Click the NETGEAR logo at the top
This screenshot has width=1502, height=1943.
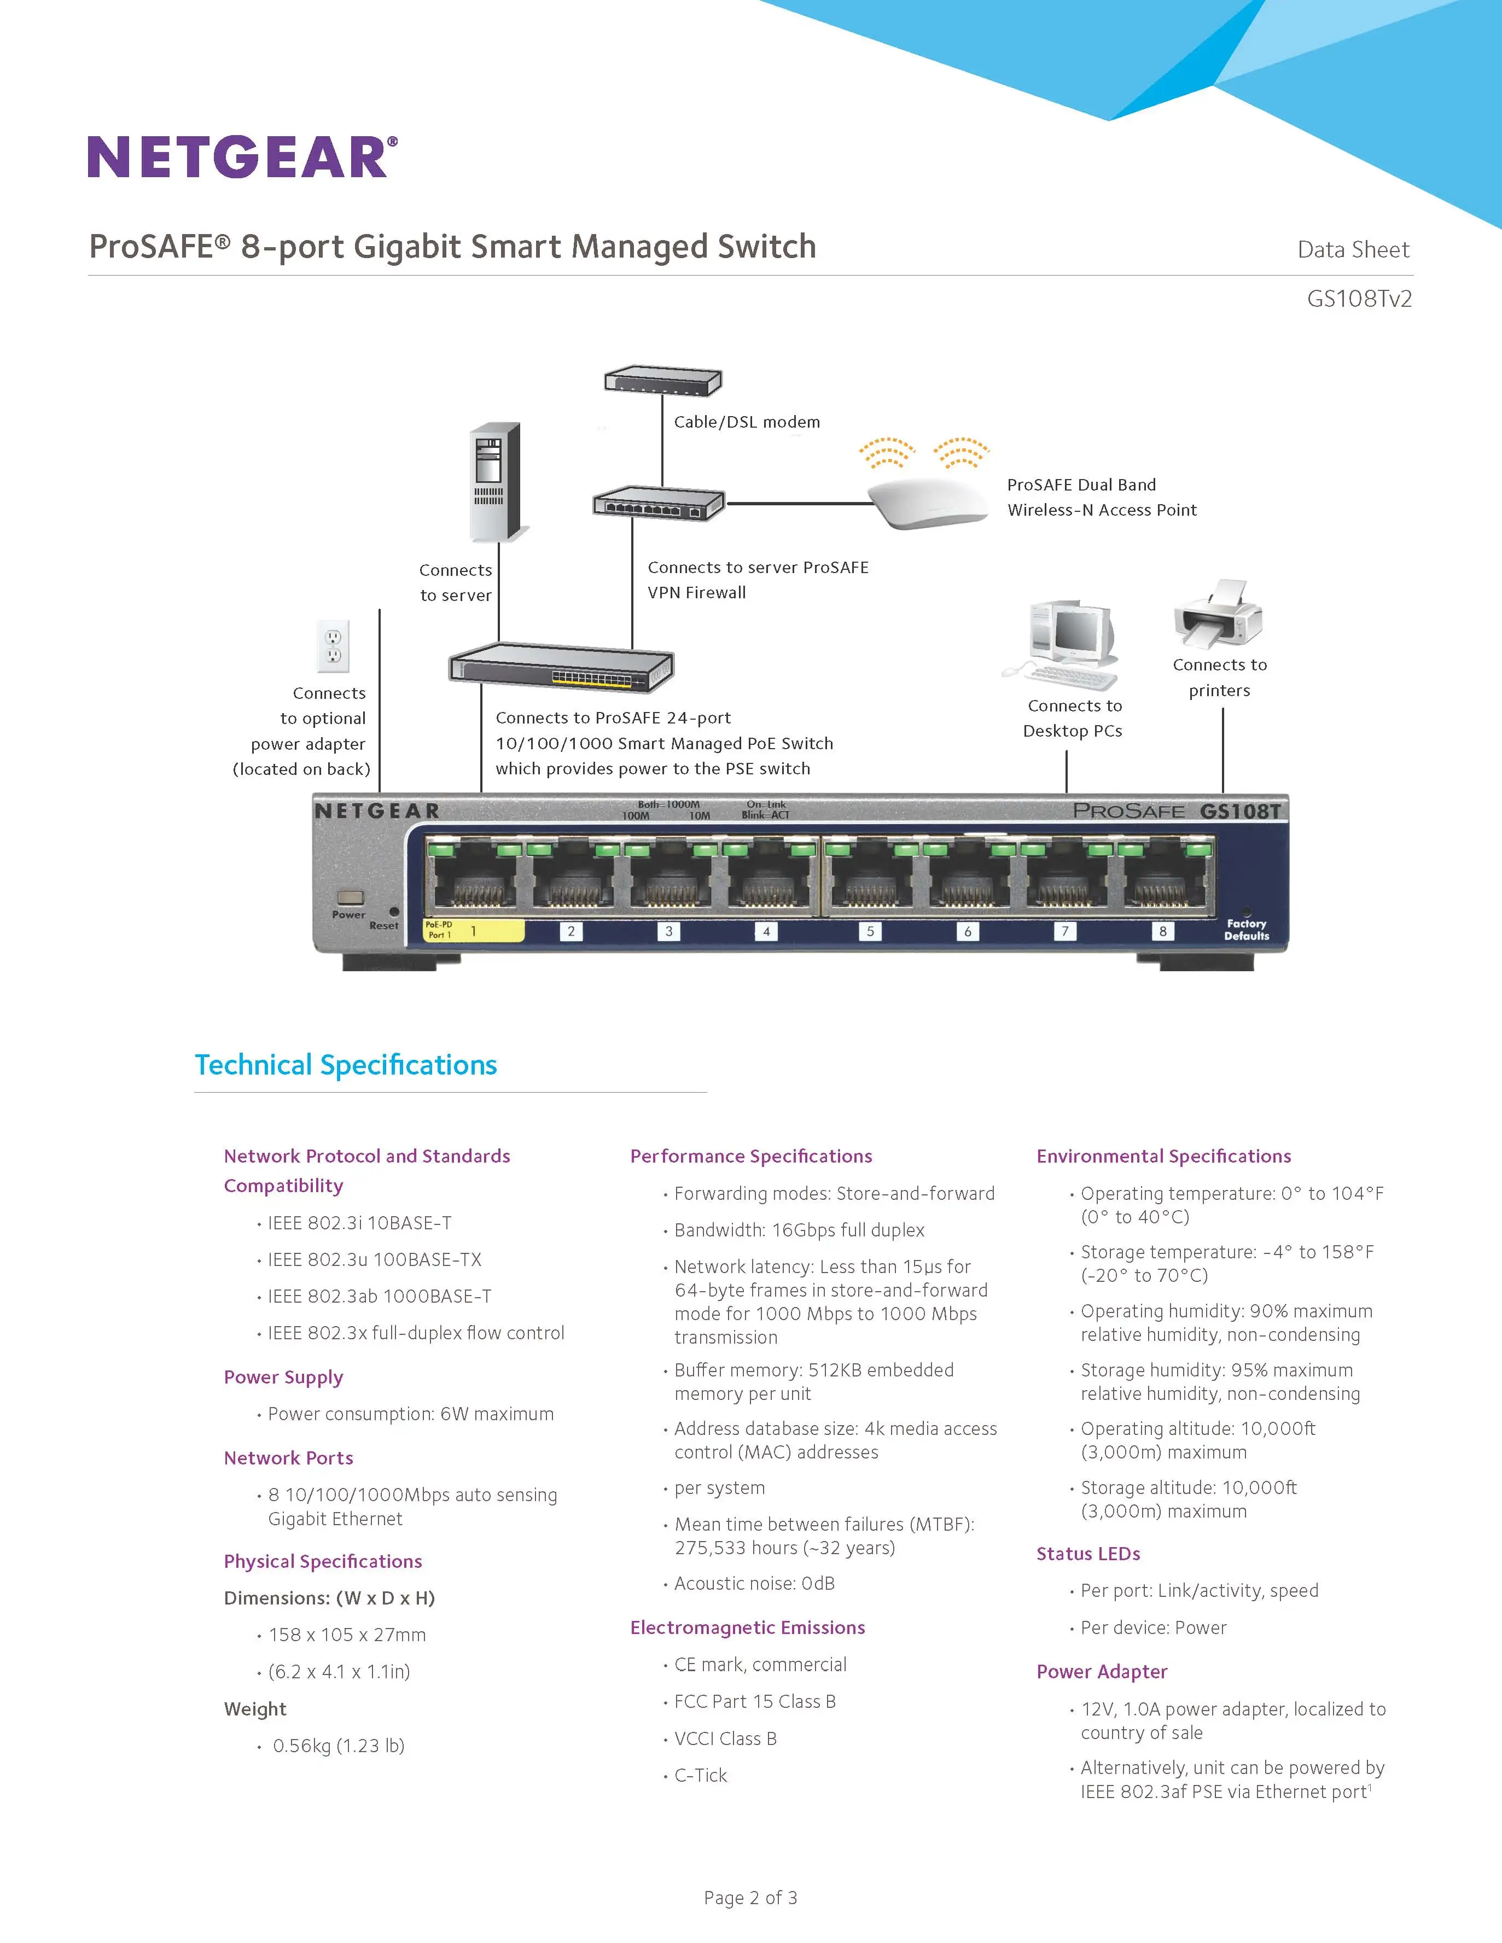coord(242,157)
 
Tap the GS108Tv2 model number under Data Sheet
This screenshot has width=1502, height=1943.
coord(1359,299)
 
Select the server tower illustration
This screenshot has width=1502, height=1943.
coord(494,482)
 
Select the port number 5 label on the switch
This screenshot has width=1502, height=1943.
coord(870,931)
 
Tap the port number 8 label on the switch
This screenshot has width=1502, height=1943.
coord(1162,931)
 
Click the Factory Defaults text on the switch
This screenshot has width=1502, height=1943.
coord(1245,930)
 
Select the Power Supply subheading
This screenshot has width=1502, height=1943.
coord(283,1377)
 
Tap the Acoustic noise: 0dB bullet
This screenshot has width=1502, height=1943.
coord(754,1584)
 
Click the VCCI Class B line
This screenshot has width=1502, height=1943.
coord(725,1738)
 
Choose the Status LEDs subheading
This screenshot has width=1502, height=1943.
coord(1088,1553)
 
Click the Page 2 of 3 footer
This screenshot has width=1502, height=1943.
coord(750,1898)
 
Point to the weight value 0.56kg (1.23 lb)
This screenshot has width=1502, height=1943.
coord(338,1746)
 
